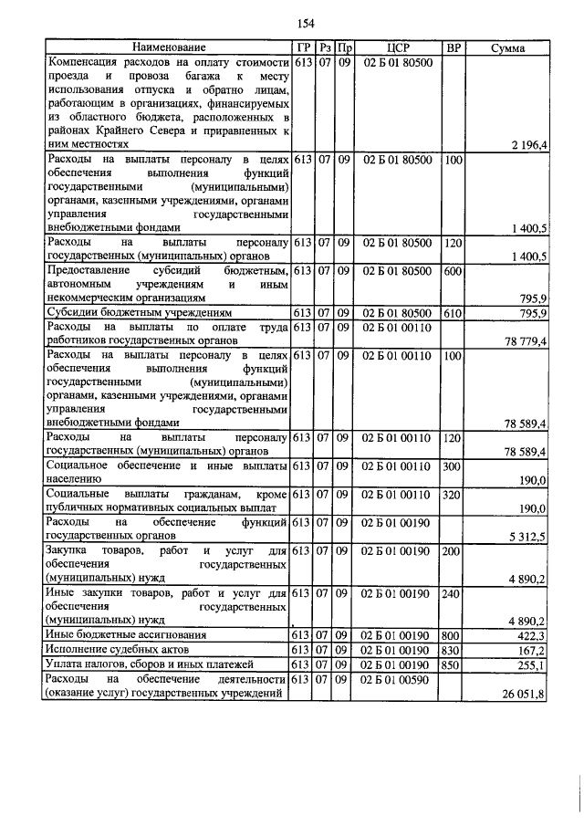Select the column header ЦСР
click(x=396, y=47)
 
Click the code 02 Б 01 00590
click(x=397, y=681)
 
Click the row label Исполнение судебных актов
click(x=109, y=650)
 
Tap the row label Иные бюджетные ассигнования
click(x=113, y=634)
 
